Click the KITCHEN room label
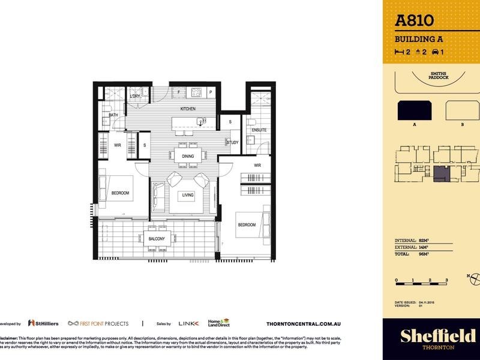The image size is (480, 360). (188, 109)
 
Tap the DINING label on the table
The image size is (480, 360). (188, 157)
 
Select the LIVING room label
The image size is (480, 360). (188, 195)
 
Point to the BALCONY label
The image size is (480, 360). (157, 239)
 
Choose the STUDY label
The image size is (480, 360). (233, 142)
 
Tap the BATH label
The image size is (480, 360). (113, 114)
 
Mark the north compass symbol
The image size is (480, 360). (474, 278)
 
